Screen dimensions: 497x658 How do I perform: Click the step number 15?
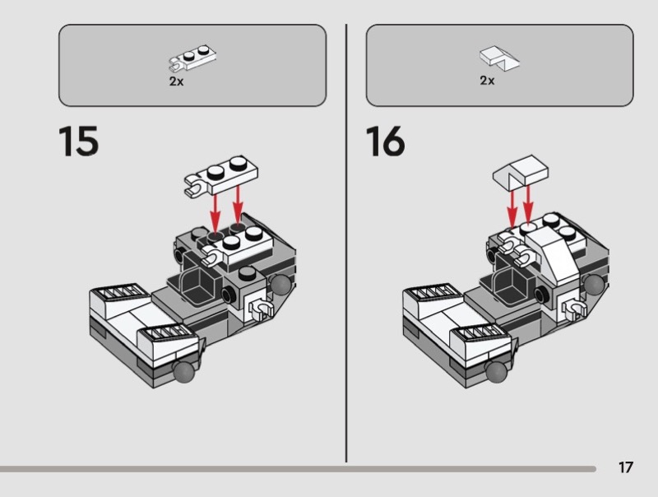point(79,142)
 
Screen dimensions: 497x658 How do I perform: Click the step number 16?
point(386,142)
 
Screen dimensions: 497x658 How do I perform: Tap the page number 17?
point(626,467)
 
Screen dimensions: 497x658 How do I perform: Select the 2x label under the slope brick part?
point(487,81)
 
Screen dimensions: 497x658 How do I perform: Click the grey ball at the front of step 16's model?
point(497,373)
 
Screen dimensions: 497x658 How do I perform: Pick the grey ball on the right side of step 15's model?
point(284,286)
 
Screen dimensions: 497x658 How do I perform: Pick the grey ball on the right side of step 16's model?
point(593,286)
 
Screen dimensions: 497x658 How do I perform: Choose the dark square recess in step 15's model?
point(203,286)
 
